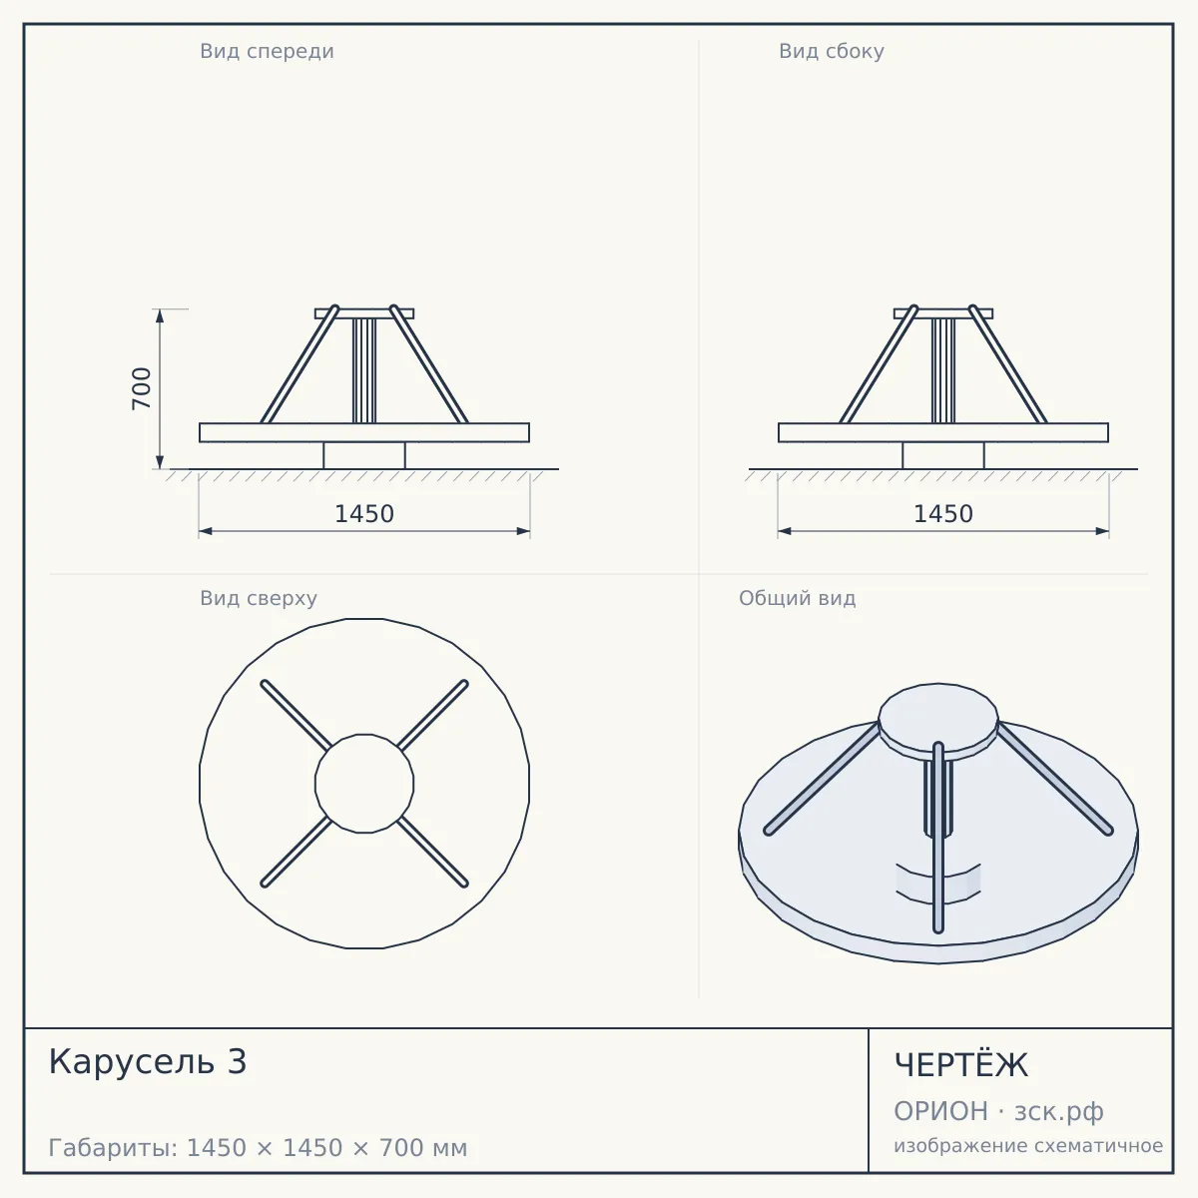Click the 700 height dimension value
tap(142, 388)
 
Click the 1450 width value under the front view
tap(364, 514)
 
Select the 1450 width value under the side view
tap(943, 514)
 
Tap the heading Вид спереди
tap(267, 51)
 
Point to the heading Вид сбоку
tap(832, 51)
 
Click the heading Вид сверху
tap(259, 598)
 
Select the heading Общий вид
tap(797, 598)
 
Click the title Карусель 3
tap(148, 1062)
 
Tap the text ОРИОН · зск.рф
tap(998, 1111)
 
